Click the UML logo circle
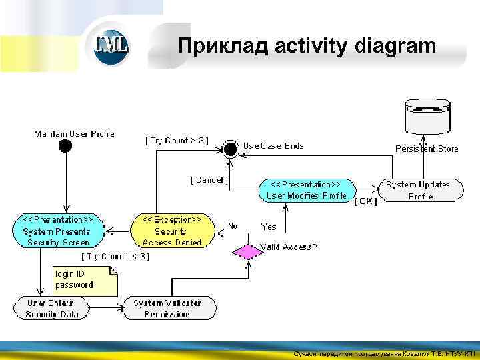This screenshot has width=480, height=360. (111, 45)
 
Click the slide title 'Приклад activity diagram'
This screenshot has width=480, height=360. (307, 46)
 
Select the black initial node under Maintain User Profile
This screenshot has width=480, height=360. (65, 146)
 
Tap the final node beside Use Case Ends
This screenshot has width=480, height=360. (231, 147)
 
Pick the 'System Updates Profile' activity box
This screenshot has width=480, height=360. (420, 190)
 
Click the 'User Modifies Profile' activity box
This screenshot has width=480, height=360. (305, 190)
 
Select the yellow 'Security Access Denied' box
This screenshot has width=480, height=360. (173, 231)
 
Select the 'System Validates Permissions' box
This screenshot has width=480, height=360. (167, 308)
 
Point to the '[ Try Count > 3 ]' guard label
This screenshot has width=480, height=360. (177, 141)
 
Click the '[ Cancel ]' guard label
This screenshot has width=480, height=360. (209, 180)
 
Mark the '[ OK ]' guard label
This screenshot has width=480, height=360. (365, 201)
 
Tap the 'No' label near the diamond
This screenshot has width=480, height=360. (233, 226)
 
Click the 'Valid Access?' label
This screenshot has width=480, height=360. (289, 247)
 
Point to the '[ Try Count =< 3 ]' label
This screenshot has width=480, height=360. (115, 256)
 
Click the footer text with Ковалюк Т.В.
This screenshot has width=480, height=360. (385, 354)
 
